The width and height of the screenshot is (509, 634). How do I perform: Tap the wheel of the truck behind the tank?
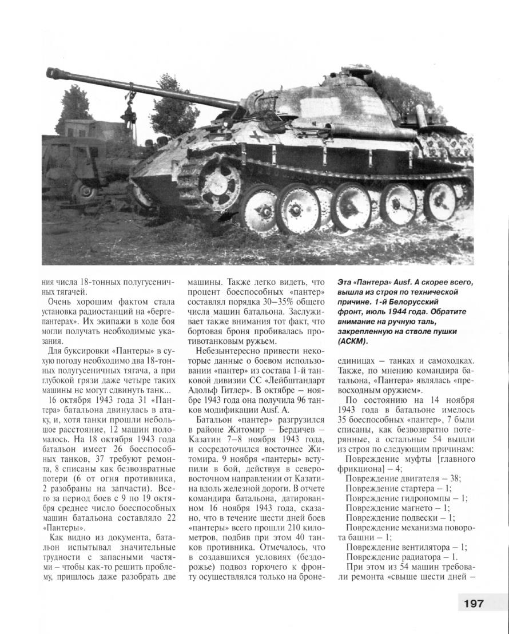tap(87, 189)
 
